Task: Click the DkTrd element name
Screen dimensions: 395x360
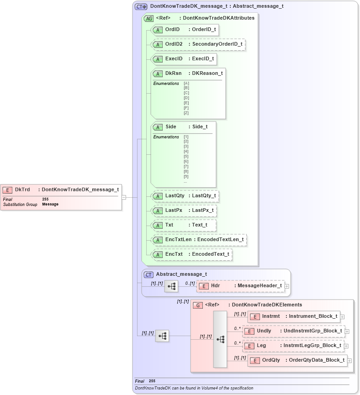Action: click(x=22, y=190)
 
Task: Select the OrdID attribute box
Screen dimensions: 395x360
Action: click(x=185, y=30)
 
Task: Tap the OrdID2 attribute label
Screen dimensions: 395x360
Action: click(x=174, y=44)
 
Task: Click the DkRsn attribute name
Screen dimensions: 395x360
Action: click(x=173, y=74)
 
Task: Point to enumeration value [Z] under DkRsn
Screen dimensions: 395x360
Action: click(x=186, y=113)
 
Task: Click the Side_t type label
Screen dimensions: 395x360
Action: click(x=200, y=127)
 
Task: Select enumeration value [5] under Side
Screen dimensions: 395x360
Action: click(x=186, y=156)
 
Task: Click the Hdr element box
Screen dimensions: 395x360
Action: click(x=241, y=286)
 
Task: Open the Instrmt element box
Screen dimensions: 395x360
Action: click(x=294, y=316)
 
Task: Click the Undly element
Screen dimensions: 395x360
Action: click(x=294, y=331)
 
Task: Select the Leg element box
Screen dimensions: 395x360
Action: click(x=294, y=346)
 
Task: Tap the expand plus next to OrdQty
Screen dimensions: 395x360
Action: click(x=349, y=360)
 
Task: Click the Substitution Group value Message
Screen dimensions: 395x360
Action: click(x=50, y=204)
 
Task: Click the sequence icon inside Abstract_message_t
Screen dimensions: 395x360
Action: click(x=171, y=286)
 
